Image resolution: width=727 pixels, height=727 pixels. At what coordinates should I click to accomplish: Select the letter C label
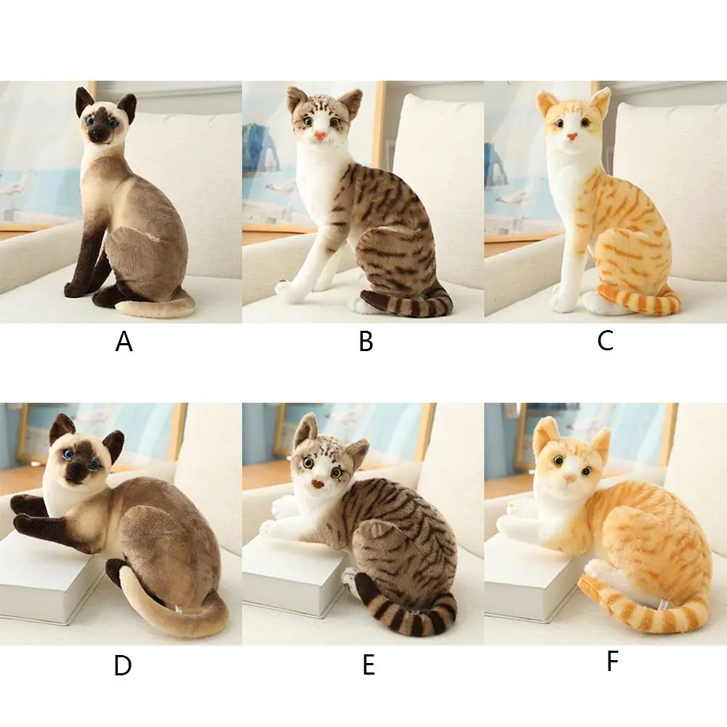[x=606, y=340]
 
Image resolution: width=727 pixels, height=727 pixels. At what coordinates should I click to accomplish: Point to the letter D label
[x=123, y=665]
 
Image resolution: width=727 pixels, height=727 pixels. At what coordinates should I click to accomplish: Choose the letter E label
[x=369, y=665]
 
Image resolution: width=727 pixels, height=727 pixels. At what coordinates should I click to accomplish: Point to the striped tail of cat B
[x=407, y=303]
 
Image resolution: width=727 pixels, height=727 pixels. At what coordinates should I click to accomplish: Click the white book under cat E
[x=287, y=582]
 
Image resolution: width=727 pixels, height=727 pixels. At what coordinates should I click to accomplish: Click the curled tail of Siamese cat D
[x=174, y=622]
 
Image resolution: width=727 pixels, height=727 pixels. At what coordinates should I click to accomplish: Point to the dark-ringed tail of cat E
[x=407, y=618]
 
